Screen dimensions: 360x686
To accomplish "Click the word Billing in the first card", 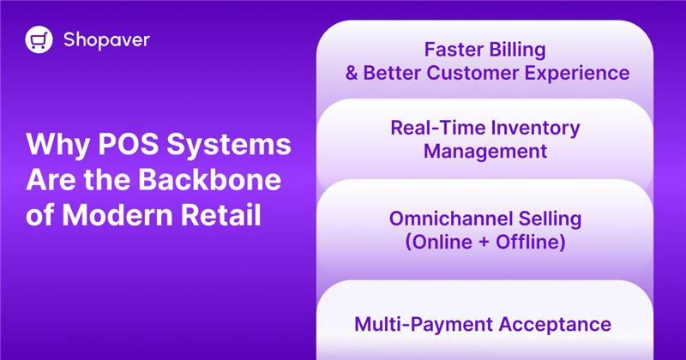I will pos(515,47).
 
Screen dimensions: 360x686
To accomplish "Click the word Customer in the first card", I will pos(479,72).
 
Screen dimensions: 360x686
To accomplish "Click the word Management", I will pos(485,153).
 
